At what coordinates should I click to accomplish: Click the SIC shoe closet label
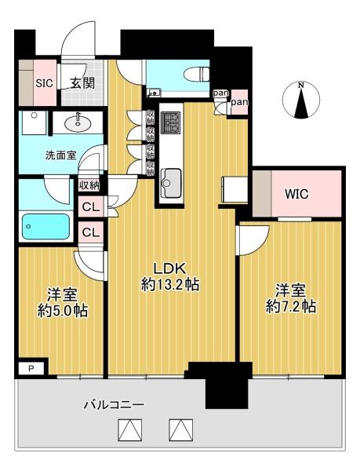pos(45,83)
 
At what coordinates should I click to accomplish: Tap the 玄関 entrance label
pos(82,83)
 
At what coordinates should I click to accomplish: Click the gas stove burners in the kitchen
pos(171,123)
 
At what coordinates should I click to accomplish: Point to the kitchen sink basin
pos(171,183)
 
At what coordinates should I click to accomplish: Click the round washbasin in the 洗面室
pos(78,122)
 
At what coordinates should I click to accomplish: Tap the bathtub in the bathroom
pos(46,226)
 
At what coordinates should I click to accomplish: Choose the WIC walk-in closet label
pos(296,194)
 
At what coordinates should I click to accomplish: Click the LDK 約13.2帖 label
pos(170,276)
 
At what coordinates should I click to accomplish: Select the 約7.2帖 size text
pos(291,307)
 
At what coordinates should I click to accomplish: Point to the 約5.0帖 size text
pos(63,310)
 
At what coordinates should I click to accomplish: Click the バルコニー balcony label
pos(114,405)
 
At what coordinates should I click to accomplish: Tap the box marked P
pos(31,368)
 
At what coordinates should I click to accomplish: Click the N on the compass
pos(301,86)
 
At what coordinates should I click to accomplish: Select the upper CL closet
pos(91,206)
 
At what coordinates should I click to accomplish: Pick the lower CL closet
pos(91,232)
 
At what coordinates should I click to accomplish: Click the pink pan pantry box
pos(239,102)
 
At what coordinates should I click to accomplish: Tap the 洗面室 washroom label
pos(61,155)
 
